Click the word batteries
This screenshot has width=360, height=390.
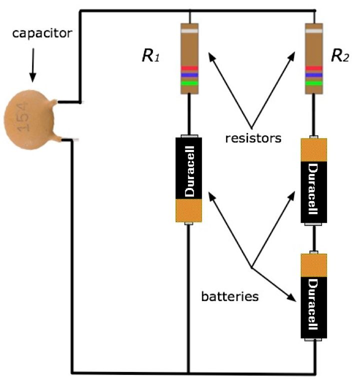(x=229, y=296)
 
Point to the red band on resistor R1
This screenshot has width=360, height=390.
(x=189, y=68)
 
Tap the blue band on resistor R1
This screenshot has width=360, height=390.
(x=189, y=75)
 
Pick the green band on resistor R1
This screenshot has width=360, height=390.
(x=189, y=83)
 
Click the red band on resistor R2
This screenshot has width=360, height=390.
(x=313, y=68)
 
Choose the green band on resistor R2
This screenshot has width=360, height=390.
(x=313, y=83)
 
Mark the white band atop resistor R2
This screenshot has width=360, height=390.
(x=313, y=31)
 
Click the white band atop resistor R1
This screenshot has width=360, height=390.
(x=189, y=31)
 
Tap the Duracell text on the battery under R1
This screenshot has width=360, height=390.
(x=189, y=170)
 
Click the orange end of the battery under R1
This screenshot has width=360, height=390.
(x=188, y=210)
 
